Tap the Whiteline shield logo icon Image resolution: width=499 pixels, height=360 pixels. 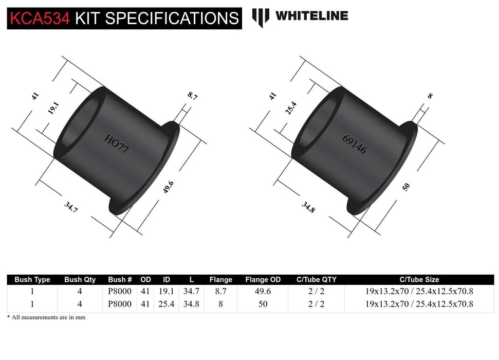(x=261, y=17)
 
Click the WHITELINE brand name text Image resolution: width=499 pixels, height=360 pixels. (x=311, y=16)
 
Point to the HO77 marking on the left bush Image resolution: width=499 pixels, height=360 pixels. (x=117, y=145)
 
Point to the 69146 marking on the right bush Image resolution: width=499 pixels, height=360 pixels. (x=354, y=145)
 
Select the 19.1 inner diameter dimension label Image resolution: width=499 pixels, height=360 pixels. (x=53, y=109)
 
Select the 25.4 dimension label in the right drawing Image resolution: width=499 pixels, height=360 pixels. (x=291, y=109)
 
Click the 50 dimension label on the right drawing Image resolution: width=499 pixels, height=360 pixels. (x=406, y=187)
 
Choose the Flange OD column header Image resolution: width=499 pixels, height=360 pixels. (x=263, y=280)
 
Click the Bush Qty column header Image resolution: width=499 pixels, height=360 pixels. (x=80, y=280)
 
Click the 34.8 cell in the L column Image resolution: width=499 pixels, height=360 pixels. (x=191, y=304)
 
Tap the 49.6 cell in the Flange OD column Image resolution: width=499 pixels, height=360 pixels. (x=263, y=291)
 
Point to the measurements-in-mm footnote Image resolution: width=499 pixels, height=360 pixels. (x=46, y=317)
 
